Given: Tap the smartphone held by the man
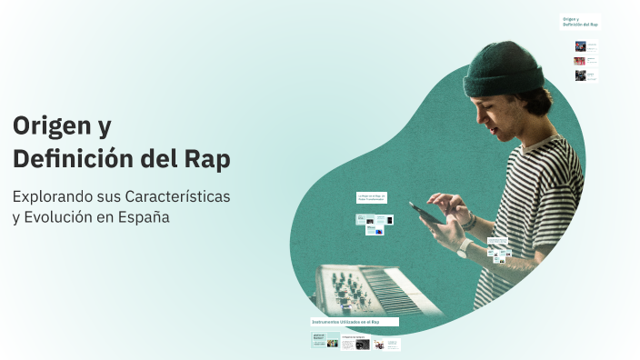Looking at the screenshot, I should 425,213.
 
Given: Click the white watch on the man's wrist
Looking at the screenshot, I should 464,247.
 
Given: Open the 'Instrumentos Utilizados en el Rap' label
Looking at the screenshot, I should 354,322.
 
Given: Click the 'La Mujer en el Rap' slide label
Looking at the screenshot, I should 373,197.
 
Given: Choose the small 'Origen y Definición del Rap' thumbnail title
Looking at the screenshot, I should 580,21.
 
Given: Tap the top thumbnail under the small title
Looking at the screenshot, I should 580,45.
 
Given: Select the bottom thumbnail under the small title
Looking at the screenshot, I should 580,75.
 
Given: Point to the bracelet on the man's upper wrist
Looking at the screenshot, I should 470,220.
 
